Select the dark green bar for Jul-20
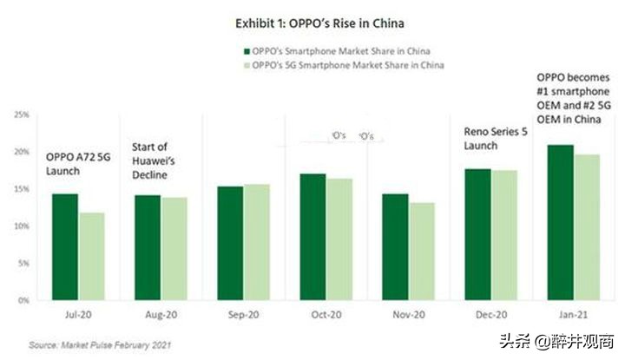[x=65, y=246]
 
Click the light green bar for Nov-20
[x=423, y=251]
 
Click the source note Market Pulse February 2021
[x=100, y=344]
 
